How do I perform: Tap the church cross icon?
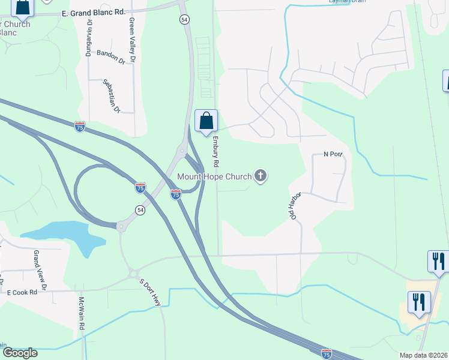click(260, 176)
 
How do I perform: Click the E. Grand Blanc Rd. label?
click(93, 12)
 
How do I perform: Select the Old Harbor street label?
click(295, 206)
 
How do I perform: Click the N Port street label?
click(333, 154)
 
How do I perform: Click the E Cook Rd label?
click(22, 292)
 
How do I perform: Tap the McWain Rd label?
click(81, 314)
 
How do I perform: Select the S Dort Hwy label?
click(151, 293)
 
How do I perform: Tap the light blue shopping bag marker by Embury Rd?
click(206, 121)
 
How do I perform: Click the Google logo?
click(20, 353)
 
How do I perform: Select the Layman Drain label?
click(346, 2)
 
